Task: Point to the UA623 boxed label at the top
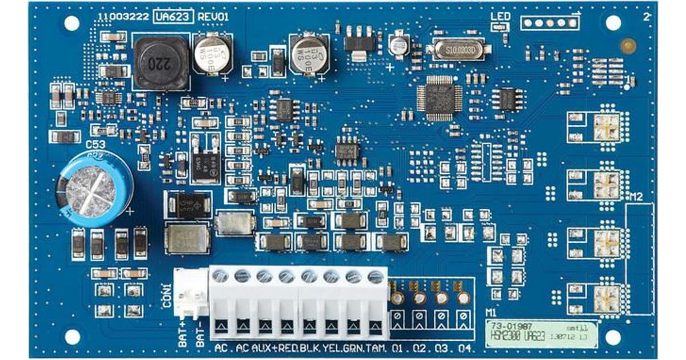pyautogui.click(x=173, y=17)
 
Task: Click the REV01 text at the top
pyautogui.click(x=213, y=17)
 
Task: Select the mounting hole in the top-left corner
pyautogui.click(x=72, y=23)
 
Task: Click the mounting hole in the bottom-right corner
pyautogui.click(x=613, y=337)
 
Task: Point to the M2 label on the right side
pyautogui.click(x=636, y=198)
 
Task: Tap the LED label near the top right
pyautogui.click(x=500, y=16)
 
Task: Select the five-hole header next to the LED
pyautogui.click(x=549, y=23)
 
